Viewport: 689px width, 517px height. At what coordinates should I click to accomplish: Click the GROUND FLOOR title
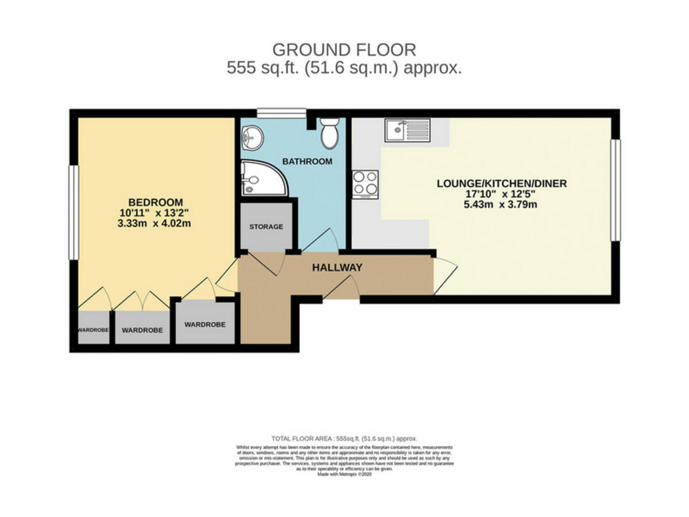[344, 49]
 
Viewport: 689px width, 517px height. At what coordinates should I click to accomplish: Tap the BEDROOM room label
[155, 202]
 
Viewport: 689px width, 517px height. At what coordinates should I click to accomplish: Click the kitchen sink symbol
[408, 130]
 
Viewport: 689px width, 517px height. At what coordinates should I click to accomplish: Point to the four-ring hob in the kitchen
[365, 184]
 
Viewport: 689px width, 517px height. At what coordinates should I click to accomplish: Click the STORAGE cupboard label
[266, 227]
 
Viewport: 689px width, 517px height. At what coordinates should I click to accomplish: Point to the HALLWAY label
[337, 268]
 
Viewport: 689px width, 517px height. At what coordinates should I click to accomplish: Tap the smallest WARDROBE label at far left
[93, 330]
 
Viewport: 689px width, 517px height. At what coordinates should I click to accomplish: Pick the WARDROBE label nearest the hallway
[205, 325]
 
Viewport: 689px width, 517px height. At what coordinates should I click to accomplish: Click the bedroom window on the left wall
[73, 212]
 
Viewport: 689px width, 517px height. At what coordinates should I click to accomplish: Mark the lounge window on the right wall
[615, 190]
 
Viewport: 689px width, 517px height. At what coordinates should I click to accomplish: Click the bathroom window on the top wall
[281, 113]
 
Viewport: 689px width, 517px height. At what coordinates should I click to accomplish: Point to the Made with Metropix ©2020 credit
[344, 474]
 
